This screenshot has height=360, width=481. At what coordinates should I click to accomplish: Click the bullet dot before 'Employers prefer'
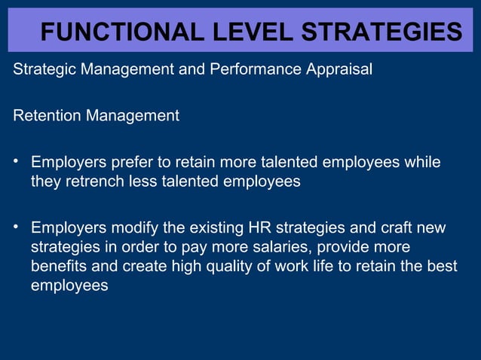(16, 162)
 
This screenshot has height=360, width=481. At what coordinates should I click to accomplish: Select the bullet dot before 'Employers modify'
(16, 227)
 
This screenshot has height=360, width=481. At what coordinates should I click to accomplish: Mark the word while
(422, 162)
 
